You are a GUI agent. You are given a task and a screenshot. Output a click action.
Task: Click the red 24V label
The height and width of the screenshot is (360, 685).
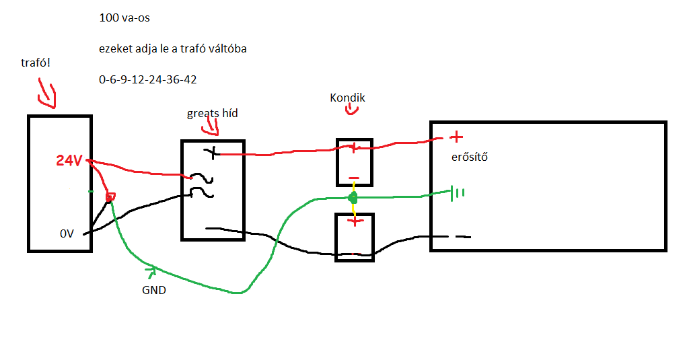pyautogui.click(x=69, y=161)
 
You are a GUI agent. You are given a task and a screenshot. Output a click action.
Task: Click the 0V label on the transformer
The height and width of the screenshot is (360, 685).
pyautogui.click(x=66, y=234)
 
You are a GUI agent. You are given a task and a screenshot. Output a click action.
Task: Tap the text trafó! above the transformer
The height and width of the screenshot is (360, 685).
pyautogui.click(x=36, y=63)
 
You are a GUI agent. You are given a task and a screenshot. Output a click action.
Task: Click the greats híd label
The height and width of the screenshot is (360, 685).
pyautogui.click(x=212, y=113)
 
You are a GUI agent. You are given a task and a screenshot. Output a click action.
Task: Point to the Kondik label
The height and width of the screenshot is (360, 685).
pyautogui.click(x=347, y=98)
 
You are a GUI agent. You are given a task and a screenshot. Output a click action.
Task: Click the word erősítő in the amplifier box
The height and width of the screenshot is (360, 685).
pyautogui.click(x=469, y=158)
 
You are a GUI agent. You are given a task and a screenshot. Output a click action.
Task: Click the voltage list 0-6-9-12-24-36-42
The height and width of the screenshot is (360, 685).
pyautogui.click(x=147, y=79)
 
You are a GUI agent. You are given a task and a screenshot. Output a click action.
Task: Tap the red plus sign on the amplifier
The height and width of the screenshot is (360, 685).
pyautogui.click(x=456, y=137)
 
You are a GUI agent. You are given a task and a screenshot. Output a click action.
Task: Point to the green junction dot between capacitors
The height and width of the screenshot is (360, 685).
pyautogui.click(x=351, y=198)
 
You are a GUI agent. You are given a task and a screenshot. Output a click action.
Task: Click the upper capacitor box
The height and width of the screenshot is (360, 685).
pyautogui.click(x=354, y=162)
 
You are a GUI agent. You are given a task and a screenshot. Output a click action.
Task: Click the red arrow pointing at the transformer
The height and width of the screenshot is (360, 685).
pyautogui.click(x=46, y=95)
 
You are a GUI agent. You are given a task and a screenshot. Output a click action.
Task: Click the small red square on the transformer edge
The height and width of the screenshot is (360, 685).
pyautogui.click(x=111, y=196)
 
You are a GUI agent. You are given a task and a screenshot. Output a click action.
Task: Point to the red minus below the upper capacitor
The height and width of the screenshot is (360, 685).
pyautogui.click(x=353, y=180)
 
